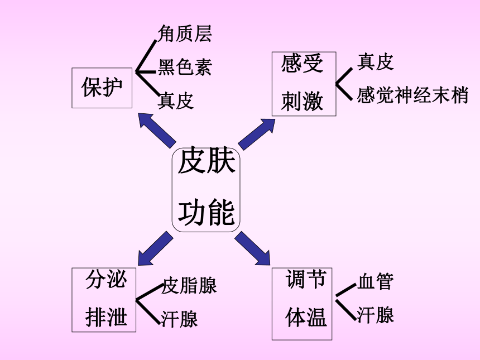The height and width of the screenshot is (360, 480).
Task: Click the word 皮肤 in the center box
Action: (x=207, y=161)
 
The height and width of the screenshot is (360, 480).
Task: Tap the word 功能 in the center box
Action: (x=207, y=212)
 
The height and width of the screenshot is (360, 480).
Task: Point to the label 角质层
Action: (x=185, y=33)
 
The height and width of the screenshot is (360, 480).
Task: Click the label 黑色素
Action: (x=185, y=67)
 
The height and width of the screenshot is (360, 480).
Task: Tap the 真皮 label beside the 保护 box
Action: (x=176, y=100)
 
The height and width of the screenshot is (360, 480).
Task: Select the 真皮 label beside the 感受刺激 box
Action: (x=375, y=61)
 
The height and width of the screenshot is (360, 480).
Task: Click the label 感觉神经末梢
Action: (x=412, y=95)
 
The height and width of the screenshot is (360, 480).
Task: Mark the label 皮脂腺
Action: (x=189, y=285)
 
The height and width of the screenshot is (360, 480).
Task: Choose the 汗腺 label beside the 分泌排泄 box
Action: (x=180, y=319)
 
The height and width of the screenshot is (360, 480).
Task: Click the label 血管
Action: (x=375, y=281)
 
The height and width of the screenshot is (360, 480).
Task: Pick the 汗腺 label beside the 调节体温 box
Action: (x=375, y=315)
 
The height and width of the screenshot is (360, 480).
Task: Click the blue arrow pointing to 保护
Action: (x=157, y=131)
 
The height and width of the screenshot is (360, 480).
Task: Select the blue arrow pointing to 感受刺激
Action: (x=257, y=135)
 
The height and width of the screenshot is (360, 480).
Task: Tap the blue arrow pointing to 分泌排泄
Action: (x=155, y=248)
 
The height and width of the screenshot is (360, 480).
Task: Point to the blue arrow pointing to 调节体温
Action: (x=252, y=248)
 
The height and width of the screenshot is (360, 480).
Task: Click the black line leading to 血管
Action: (x=346, y=290)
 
